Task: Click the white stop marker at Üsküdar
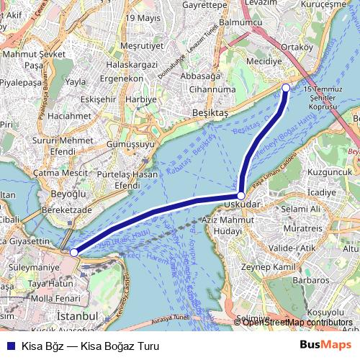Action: pyautogui.click(x=240, y=195)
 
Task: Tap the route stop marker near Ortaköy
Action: pyautogui.click(x=286, y=88)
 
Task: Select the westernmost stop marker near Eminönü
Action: pyautogui.click(x=74, y=253)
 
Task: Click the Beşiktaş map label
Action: pyautogui.click(x=210, y=113)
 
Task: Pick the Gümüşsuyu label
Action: pyautogui.click(x=130, y=144)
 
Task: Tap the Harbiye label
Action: pyautogui.click(x=141, y=98)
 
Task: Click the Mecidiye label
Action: pyautogui.click(x=264, y=61)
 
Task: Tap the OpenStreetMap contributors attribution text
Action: pyautogui.click(x=297, y=322)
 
